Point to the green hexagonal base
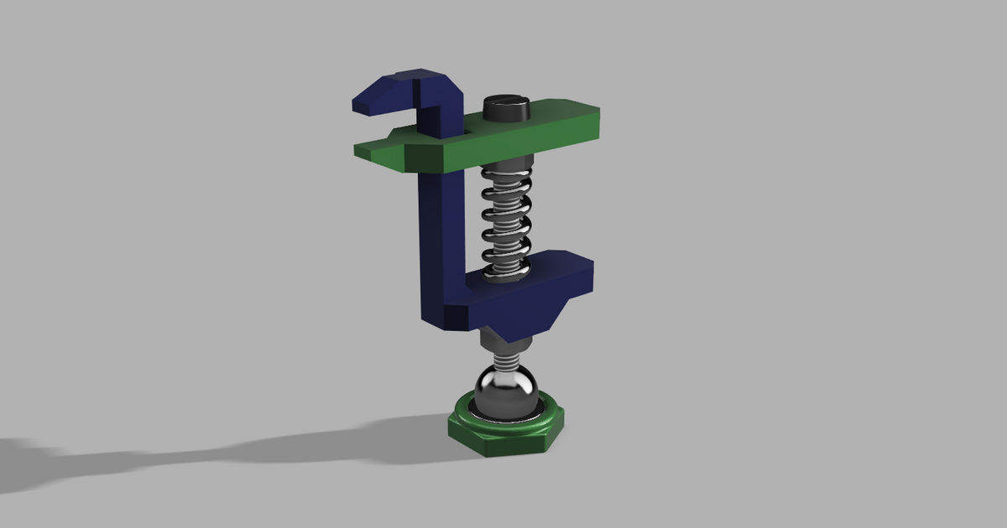point(503,432)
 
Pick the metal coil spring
point(505,220)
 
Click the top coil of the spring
point(505,178)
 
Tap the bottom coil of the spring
point(505,267)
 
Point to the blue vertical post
point(441,235)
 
